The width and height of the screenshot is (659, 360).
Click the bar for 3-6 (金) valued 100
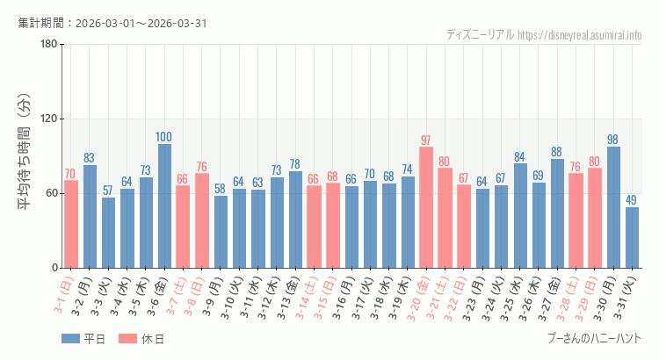pyautogui.click(x=164, y=206)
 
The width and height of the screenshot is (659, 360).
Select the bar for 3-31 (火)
pyautogui.click(x=632, y=238)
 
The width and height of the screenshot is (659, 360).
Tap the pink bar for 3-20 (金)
pyautogui.click(x=426, y=208)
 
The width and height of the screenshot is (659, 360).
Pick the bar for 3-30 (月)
pyautogui.click(x=613, y=207)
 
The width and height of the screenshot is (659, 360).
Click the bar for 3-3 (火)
pyautogui.click(x=108, y=233)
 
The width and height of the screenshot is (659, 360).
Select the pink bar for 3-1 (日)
pyautogui.click(x=71, y=225)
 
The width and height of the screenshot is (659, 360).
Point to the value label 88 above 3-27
pyautogui.click(x=557, y=152)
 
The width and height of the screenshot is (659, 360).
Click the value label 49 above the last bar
pyautogui.click(x=632, y=200)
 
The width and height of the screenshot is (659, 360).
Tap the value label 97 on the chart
pyautogui.click(x=426, y=140)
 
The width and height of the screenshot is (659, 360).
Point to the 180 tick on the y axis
pyautogui.click(x=48, y=45)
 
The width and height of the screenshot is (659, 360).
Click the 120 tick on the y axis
pyautogui.click(x=48, y=119)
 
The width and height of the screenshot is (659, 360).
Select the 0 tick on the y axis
pyautogui.click(x=54, y=268)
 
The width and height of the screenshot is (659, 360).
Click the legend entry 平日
pyautogui.click(x=83, y=339)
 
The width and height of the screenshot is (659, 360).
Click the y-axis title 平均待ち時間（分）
pyautogui.click(x=24, y=156)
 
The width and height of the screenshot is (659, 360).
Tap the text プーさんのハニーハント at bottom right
pyautogui.click(x=593, y=338)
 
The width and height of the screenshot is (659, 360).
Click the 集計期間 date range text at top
pyautogui.click(x=112, y=23)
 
